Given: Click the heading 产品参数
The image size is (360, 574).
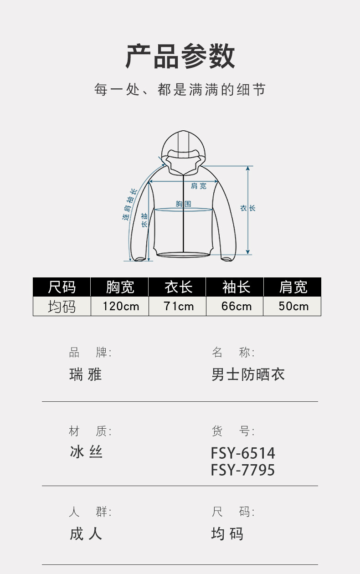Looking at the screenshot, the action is tap(180, 56).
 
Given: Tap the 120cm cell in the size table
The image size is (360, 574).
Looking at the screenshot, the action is tap(120, 306).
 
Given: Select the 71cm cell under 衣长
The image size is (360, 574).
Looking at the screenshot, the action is tap(178, 306).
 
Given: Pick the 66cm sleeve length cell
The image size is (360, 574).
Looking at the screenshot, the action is tap(236, 306).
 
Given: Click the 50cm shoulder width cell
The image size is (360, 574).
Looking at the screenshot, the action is tap(293, 306).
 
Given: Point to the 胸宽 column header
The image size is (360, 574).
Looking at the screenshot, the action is tap(120, 287).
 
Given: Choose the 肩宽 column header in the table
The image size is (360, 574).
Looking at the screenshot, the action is tap(293, 287).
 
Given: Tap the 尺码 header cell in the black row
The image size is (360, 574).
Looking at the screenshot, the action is tap(62, 287).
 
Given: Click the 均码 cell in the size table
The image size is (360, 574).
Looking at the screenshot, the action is tap(62, 306).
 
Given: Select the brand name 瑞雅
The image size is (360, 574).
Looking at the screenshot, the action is tap(85, 374).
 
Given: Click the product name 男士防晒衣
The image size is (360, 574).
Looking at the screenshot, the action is tap(248, 374).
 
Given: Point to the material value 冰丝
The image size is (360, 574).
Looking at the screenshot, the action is tap(86, 452).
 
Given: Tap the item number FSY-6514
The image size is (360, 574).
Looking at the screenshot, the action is tap(243, 453).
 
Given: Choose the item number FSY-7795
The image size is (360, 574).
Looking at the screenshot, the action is tap(243, 470).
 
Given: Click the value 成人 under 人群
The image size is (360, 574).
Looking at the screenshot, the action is tap(86, 533).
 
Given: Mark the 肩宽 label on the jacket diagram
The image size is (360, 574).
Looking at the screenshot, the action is tap(198, 186).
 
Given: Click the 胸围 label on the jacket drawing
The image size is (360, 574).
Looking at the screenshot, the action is tap(183, 204).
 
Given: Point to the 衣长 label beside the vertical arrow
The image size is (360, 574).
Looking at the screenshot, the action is tap(248, 208).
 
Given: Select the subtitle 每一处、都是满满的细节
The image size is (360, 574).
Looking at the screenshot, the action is tap(180, 89).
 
